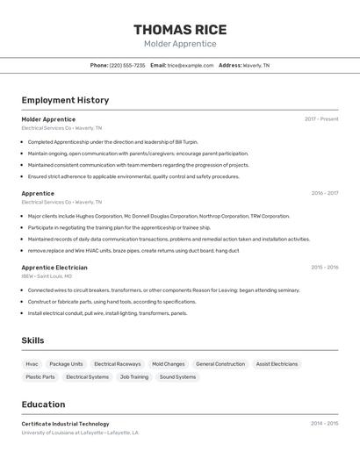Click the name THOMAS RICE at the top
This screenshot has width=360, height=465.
pyautogui.click(x=180, y=29)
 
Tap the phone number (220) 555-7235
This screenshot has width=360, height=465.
pyautogui.click(x=127, y=65)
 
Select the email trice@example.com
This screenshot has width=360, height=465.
pyautogui.click(x=191, y=65)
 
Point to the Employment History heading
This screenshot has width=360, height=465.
pyautogui.click(x=65, y=100)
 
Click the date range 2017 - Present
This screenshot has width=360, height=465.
pyautogui.click(x=321, y=118)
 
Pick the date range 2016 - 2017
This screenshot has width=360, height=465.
pyautogui.click(x=324, y=193)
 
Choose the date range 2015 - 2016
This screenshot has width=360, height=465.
pyautogui.click(x=324, y=268)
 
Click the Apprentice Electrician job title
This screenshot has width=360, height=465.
pyautogui.click(x=54, y=268)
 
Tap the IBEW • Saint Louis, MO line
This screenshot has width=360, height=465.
pyautogui.click(x=47, y=276)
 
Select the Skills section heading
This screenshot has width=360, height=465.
pyautogui.click(x=32, y=340)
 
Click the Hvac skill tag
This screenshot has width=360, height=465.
pyautogui.click(x=32, y=363)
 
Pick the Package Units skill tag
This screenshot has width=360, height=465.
pyautogui.click(x=66, y=363)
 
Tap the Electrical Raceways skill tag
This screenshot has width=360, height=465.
pyautogui.click(x=117, y=363)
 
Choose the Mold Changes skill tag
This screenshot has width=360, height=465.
pyautogui.click(x=168, y=363)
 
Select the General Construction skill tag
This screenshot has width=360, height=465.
pyautogui.click(x=220, y=363)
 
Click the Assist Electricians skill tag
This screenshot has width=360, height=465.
pyautogui.click(x=277, y=363)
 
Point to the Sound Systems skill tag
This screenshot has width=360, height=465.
pyautogui.click(x=177, y=376)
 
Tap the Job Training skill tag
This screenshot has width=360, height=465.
pyautogui.click(x=134, y=376)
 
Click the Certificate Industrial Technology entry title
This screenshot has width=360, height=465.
pyautogui.click(x=65, y=424)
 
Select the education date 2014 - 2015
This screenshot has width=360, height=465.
pyautogui.click(x=324, y=424)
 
